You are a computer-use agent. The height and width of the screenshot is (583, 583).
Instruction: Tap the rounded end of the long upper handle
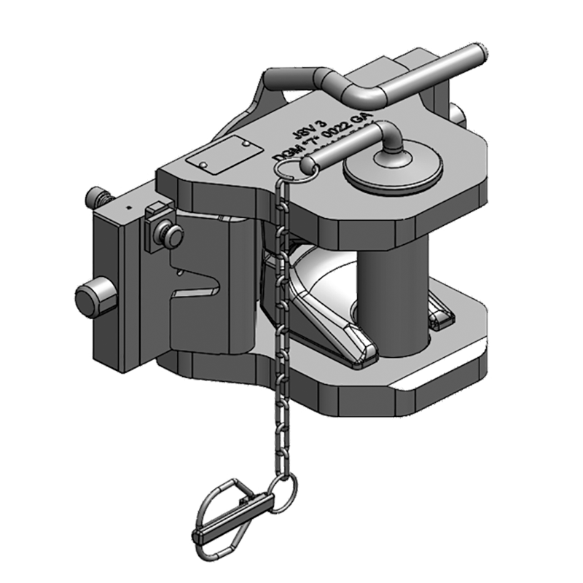click(476, 55)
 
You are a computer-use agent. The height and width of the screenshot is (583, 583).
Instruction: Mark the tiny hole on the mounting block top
click(127, 207)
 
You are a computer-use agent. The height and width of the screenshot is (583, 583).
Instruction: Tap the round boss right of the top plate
click(458, 113)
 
